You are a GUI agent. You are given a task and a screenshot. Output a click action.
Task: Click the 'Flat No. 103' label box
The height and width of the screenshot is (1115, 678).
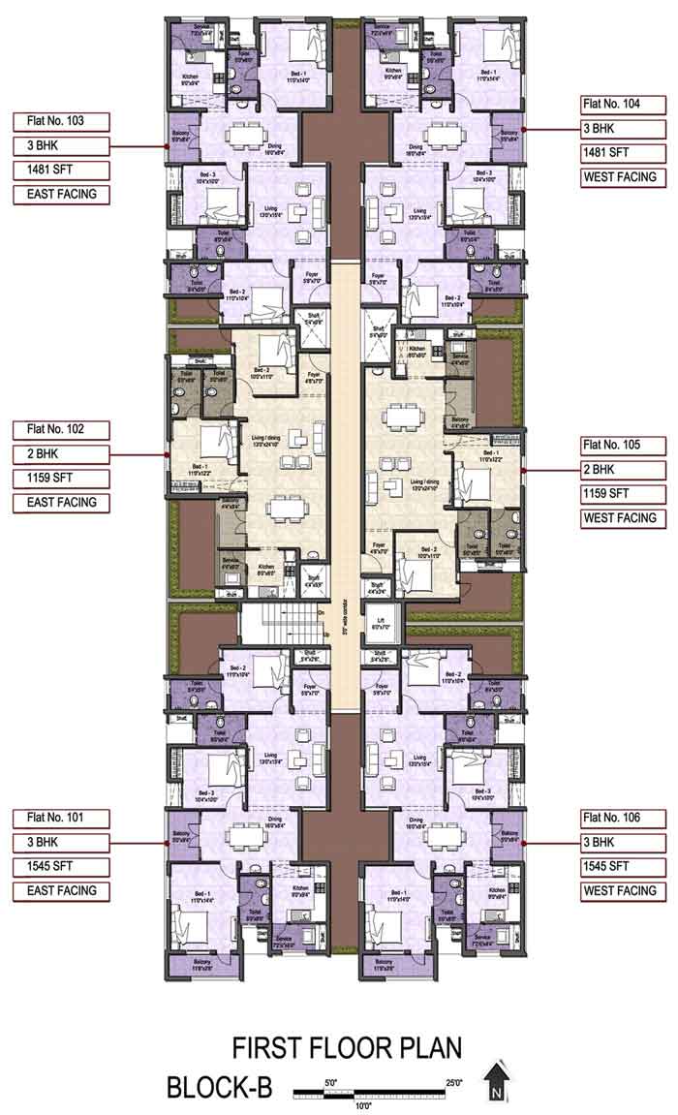[61, 122]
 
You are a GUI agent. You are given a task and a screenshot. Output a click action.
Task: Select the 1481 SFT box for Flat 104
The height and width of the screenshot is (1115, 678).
[625, 152]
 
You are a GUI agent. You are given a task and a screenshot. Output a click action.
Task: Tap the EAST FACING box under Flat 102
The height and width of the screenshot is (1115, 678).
[61, 503]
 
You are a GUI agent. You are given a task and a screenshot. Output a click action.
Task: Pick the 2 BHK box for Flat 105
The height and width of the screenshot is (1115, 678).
[625, 469]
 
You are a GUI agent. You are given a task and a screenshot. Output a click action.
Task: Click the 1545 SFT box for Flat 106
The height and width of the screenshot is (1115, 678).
[625, 866]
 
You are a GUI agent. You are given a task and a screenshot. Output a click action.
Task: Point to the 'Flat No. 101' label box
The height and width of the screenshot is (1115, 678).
[61, 818]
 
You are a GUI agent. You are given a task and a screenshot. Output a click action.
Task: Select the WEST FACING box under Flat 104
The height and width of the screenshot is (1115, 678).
[625, 176]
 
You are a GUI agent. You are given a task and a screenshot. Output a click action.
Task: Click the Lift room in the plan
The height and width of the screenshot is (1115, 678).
[381, 625]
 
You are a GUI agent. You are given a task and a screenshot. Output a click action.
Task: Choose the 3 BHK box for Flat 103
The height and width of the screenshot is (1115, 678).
[61, 146]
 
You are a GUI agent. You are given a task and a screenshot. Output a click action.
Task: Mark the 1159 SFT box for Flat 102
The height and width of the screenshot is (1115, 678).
[61, 479]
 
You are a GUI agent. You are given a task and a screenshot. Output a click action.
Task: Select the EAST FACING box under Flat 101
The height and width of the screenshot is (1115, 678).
[61, 890]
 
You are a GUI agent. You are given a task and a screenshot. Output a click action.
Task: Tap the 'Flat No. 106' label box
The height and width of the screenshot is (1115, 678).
[625, 818]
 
